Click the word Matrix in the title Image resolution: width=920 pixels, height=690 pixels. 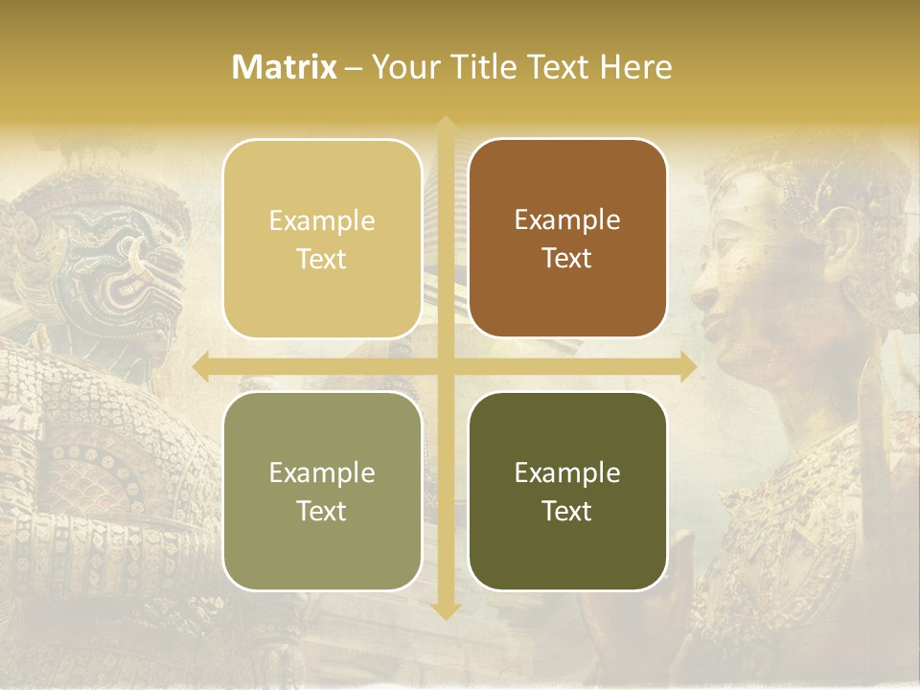[285, 67]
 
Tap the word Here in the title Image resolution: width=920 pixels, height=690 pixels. [635, 67]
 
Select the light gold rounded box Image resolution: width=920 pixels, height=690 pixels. [322, 239]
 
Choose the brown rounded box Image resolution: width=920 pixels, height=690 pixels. [567, 239]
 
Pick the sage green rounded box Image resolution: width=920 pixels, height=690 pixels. [322, 491]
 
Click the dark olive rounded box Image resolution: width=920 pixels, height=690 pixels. [567, 491]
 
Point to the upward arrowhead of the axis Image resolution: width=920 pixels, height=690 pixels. [445, 126]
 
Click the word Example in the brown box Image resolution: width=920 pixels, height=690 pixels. [567, 219]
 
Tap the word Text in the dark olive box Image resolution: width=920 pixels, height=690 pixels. [567, 511]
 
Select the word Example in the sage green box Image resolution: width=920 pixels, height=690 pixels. [322, 472]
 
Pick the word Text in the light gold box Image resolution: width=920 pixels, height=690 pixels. [322, 259]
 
